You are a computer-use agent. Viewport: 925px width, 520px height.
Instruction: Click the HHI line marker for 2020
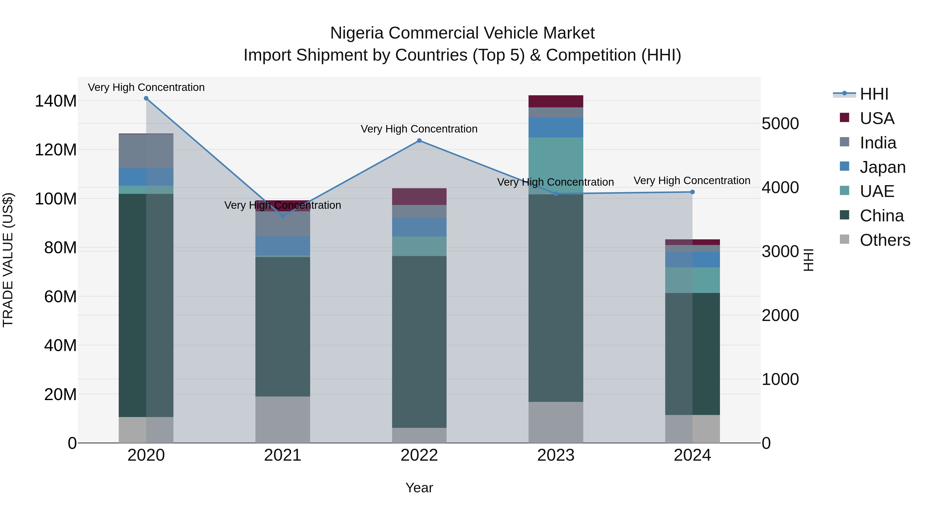146,98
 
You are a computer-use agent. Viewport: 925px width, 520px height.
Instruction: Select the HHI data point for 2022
419,141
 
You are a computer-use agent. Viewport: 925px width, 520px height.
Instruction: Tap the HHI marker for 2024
692,192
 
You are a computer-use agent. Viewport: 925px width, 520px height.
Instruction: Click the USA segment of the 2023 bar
556,101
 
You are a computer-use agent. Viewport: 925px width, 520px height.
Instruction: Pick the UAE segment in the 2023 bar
556,165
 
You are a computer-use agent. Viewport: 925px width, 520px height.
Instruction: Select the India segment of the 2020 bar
146,151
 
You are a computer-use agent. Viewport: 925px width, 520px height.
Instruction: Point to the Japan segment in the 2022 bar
419,227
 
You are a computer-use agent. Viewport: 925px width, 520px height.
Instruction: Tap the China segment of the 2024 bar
692,354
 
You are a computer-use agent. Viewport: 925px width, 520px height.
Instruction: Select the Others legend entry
884,240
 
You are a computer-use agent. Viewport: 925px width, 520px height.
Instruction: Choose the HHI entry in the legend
874,94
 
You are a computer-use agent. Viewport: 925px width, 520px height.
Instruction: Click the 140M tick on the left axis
56,101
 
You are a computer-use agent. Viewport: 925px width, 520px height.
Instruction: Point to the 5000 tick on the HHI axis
780,124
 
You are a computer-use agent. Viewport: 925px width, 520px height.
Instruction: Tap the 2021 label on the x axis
283,455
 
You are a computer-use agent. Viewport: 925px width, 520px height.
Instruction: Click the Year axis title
419,488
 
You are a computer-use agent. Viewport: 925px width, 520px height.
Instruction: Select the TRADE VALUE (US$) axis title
8,260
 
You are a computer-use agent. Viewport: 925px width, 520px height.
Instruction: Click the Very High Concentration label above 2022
419,129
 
